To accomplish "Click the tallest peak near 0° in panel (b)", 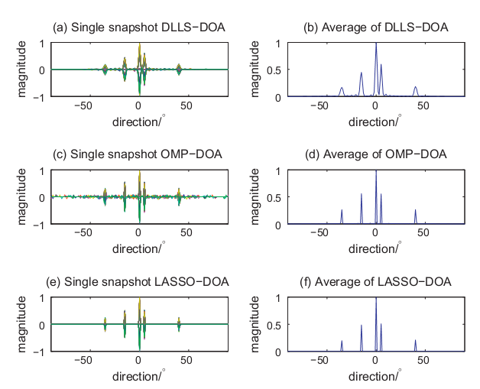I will click(x=375, y=44).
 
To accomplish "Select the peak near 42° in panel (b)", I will click(x=415, y=87).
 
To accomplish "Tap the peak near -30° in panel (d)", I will click(x=342, y=210).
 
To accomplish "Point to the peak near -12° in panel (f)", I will click(x=362, y=326).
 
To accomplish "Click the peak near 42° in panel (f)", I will click(x=415, y=341).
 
